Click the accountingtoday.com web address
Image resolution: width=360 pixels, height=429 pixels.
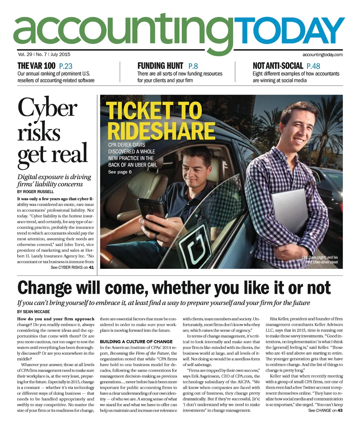[x=322, y=55]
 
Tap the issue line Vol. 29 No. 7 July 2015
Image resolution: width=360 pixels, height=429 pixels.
[x=44, y=55]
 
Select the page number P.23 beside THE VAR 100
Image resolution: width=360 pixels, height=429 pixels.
[x=66, y=66]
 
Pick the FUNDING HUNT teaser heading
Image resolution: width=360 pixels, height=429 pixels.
[x=160, y=66]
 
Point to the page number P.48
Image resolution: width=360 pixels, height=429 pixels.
[x=314, y=66]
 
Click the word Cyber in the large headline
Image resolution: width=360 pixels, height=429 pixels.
[x=47, y=107]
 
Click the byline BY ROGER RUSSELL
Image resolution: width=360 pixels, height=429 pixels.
[x=36, y=192]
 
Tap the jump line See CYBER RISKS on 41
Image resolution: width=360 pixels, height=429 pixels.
[x=72, y=267]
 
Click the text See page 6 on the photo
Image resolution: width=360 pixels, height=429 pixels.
[x=120, y=172]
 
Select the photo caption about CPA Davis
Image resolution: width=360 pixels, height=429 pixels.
[x=320, y=259]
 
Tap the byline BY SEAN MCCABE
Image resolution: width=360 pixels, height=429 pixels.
[x=33, y=312]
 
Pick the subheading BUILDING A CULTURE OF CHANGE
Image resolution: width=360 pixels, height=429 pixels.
[x=136, y=342]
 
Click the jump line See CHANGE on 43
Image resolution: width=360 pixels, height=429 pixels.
[x=325, y=410]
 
